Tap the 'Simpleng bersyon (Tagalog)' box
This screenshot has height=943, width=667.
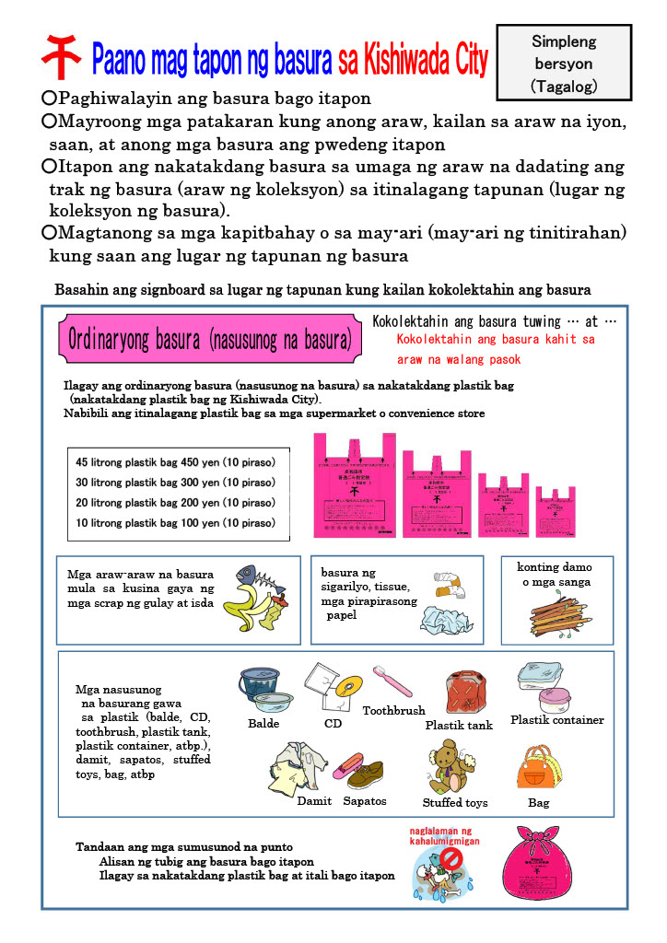pos(564,63)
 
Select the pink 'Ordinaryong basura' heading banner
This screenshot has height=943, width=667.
pos(210,339)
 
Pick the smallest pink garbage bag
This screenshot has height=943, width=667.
pos(556,510)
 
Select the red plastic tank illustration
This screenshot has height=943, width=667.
pos(464,693)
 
